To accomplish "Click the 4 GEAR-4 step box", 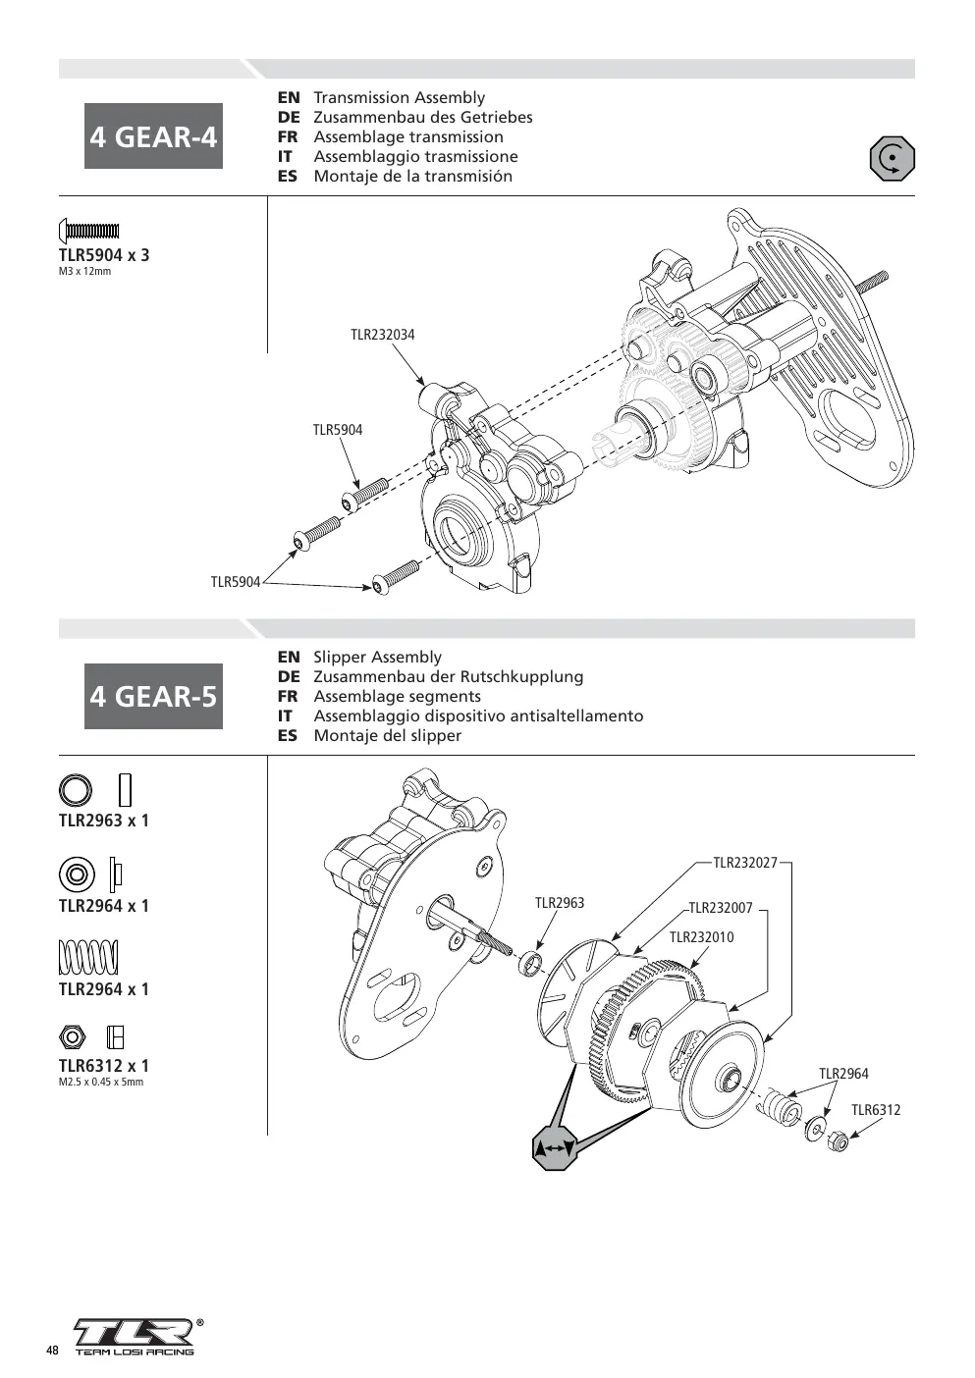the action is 153,136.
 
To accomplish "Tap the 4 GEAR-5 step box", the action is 153,697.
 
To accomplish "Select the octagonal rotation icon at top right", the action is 892,159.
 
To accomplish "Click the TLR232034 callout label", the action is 383,335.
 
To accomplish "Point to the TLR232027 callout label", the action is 745,863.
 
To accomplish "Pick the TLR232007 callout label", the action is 721,908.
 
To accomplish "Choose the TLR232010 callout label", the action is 702,937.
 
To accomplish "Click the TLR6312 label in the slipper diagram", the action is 875,1110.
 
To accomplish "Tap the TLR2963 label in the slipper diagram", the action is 560,902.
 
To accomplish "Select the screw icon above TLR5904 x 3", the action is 88,232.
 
